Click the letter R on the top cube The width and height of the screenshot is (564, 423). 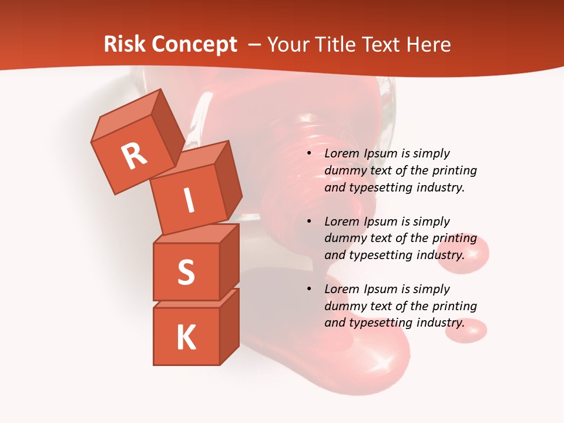point(134,156)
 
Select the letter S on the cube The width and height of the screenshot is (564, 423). point(186,273)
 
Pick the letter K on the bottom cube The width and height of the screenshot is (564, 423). point(186,338)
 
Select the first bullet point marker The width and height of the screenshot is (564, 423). point(309,154)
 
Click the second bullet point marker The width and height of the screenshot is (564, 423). point(309,222)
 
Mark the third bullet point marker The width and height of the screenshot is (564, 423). point(309,290)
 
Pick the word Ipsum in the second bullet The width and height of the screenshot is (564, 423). point(381,221)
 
